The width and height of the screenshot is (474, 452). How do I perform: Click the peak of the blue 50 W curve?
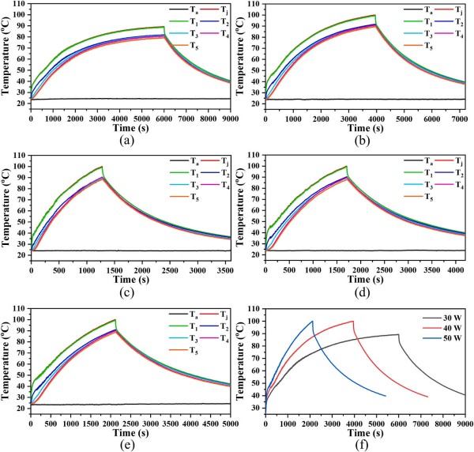click(x=313, y=321)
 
